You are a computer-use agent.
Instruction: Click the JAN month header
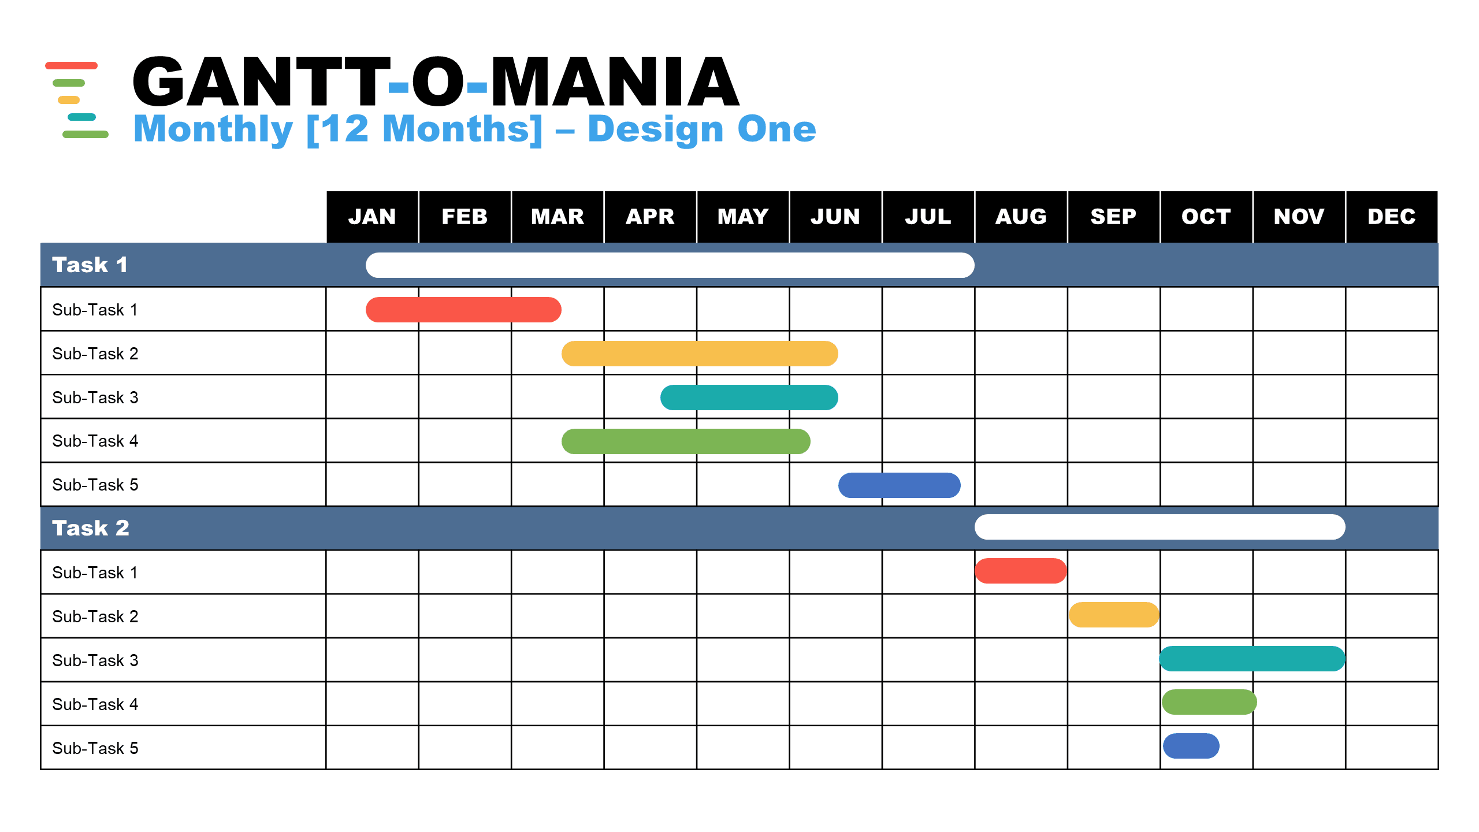click(x=372, y=217)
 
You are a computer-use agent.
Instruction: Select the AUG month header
click(x=1021, y=217)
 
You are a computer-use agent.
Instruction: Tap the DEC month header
click(x=1392, y=217)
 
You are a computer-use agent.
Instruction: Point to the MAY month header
click(x=743, y=217)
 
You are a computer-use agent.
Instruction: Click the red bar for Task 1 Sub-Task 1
click(x=463, y=310)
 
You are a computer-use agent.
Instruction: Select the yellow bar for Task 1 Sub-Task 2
click(x=700, y=354)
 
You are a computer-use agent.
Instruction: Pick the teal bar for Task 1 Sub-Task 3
click(x=749, y=398)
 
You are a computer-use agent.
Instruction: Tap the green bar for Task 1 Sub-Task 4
click(x=686, y=441)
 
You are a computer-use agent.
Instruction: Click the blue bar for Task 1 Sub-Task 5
click(x=900, y=485)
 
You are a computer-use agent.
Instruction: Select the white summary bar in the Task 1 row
click(x=670, y=265)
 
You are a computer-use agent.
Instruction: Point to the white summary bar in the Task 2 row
click(x=1160, y=527)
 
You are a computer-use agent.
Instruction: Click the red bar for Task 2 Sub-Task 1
click(x=1021, y=571)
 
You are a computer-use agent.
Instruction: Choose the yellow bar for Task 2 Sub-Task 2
click(x=1114, y=615)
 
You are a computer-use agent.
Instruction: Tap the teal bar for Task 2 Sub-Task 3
click(x=1253, y=659)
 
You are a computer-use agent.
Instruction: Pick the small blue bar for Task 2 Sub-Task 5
click(x=1191, y=746)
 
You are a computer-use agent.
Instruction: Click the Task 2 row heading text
click(x=91, y=528)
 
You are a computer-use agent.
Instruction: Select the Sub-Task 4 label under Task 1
click(x=95, y=441)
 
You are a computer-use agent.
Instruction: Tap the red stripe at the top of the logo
click(x=71, y=65)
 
